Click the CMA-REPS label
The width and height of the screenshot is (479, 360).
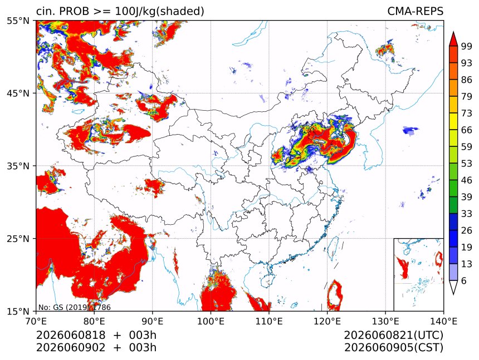pyautogui.click(x=415, y=11)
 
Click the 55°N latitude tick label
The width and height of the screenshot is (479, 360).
pyautogui.click(x=18, y=21)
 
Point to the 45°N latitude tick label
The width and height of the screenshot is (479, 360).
pyautogui.click(x=18, y=93)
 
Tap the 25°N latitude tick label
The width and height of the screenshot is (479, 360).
pyautogui.click(x=18, y=238)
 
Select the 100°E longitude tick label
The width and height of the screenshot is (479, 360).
pyautogui.click(x=211, y=321)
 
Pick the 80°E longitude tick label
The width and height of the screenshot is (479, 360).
pyautogui.click(x=94, y=321)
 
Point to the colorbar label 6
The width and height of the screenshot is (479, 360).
pyautogui.click(x=464, y=280)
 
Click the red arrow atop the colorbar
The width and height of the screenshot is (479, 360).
pyautogui.click(x=453, y=38)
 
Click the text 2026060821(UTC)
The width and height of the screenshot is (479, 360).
pyautogui.click(x=393, y=335)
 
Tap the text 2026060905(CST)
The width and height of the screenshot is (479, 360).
pyautogui.click(x=393, y=348)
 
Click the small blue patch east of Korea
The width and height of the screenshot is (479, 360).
pyautogui.click(x=410, y=131)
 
